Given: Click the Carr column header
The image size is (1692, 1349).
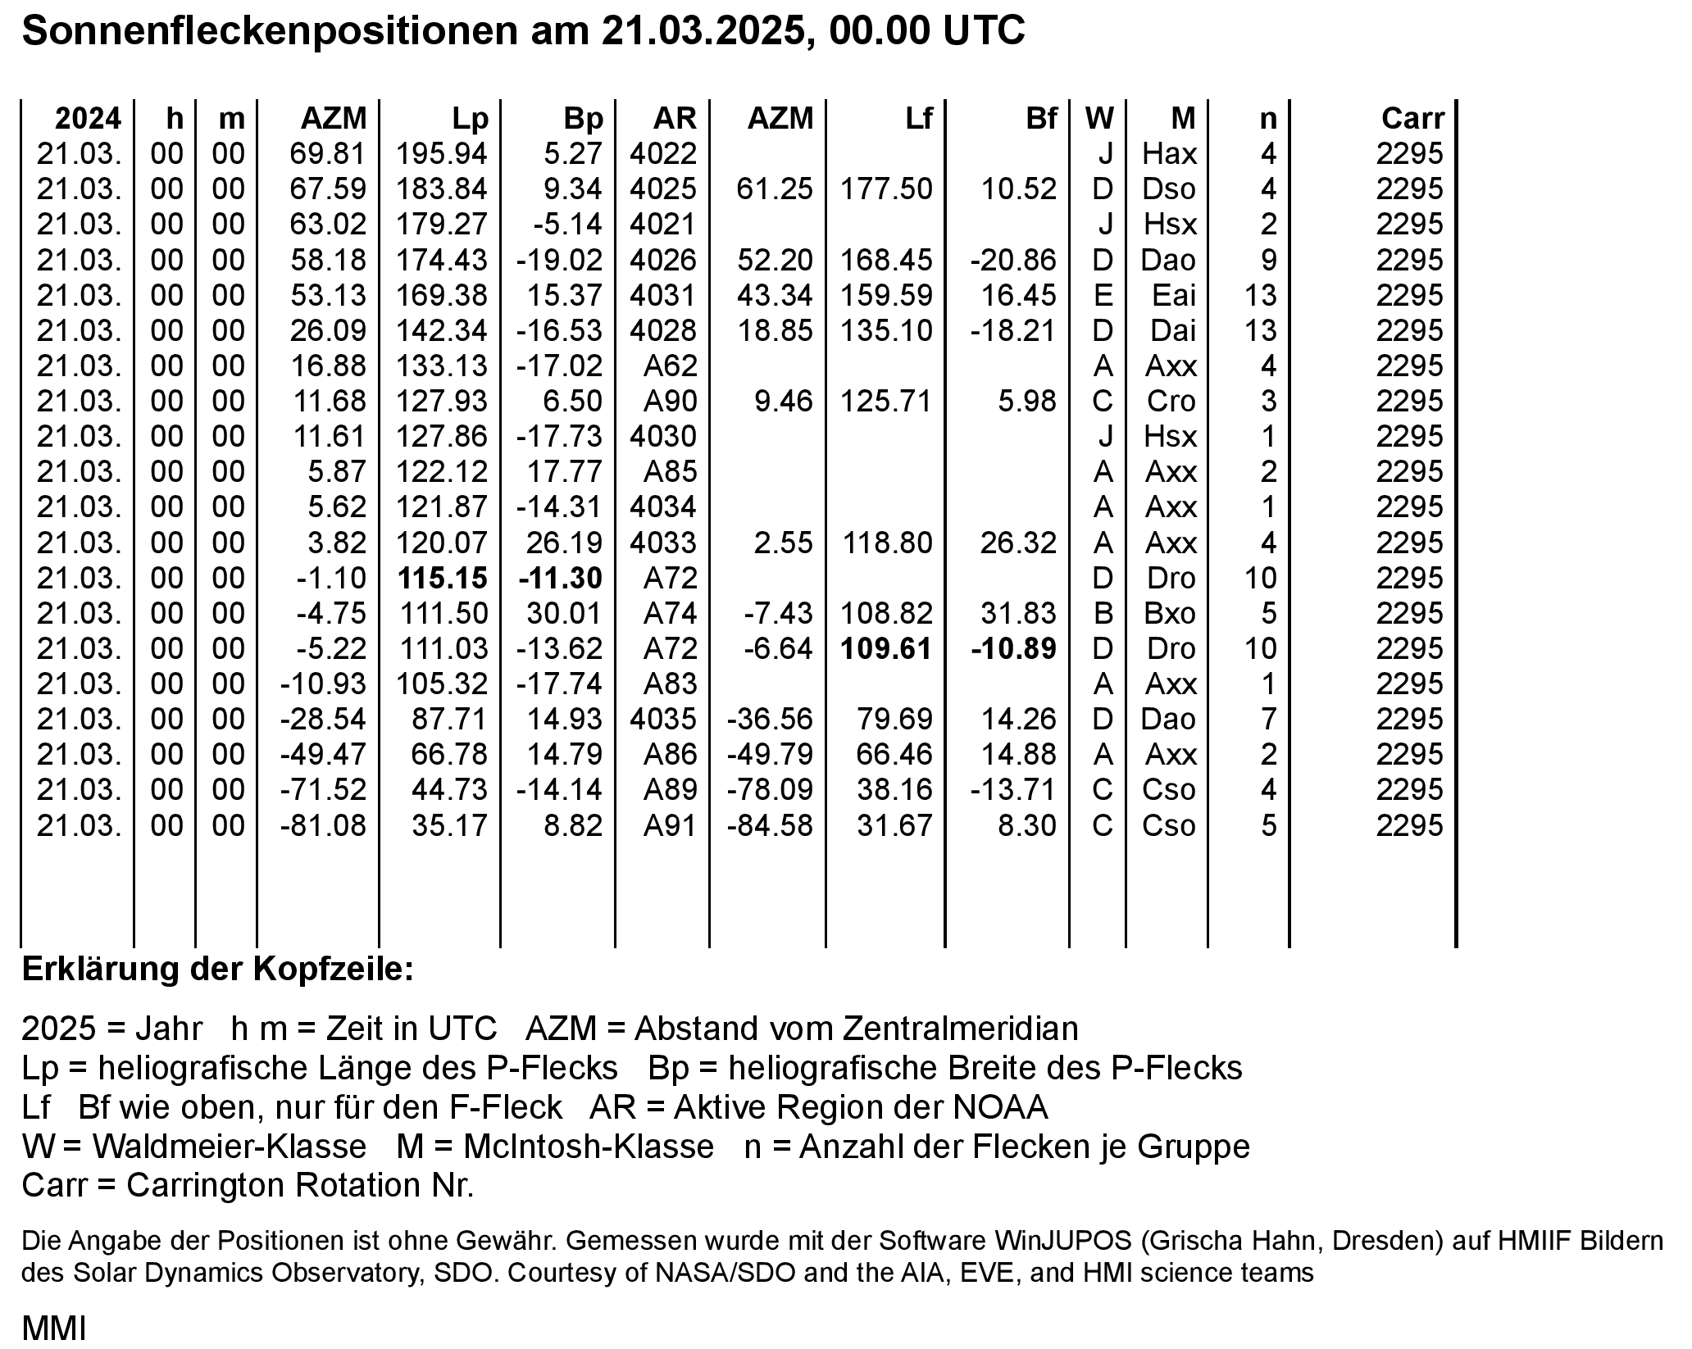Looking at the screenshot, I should click(x=1412, y=119).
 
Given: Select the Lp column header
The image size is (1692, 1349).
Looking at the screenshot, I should click(x=470, y=119).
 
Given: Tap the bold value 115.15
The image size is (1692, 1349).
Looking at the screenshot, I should click(x=443, y=578).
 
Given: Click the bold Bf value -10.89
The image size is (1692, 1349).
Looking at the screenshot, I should click(x=1013, y=648).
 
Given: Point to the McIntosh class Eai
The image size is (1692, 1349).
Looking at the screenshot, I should click(x=1174, y=295).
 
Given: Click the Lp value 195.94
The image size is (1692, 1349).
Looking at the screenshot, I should click(x=442, y=154).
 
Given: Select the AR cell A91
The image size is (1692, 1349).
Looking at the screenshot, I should click(x=670, y=825).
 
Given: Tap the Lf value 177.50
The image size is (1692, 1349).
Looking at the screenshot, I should click(x=886, y=189).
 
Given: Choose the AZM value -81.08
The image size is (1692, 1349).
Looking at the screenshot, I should click(x=323, y=825).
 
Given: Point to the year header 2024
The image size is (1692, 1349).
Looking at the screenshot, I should click(x=88, y=119).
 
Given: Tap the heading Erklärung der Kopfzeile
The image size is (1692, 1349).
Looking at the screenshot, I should click(x=217, y=969).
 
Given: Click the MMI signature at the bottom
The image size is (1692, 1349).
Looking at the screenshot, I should click(x=54, y=1328).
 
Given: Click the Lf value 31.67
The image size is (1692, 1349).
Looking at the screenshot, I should click(x=894, y=825).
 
